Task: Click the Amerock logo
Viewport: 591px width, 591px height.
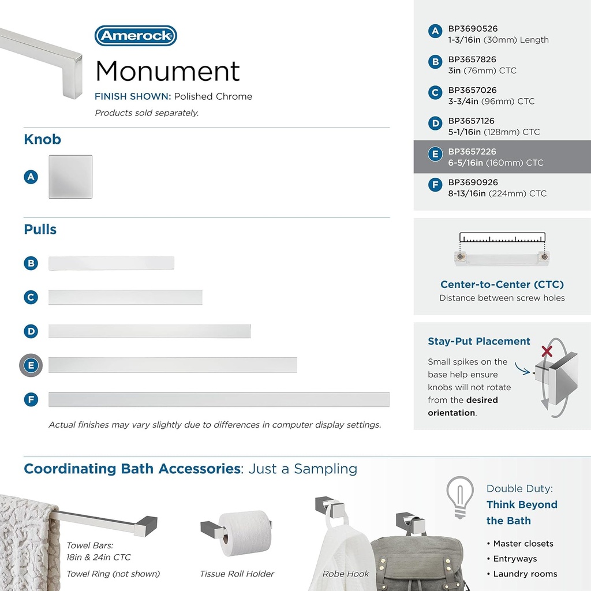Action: pyautogui.click(x=136, y=36)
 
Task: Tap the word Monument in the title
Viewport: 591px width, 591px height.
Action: pyautogui.click(x=167, y=71)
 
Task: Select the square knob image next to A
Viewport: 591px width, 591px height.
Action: pyautogui.click(x=70, y=177)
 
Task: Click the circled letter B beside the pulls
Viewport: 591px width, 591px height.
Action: pyautogui.click(x=31, y=263)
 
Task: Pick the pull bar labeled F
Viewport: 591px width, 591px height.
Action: pyautogui.click(x=219, y=399)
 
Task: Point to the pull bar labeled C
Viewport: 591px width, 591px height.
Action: pyautogui.click(x=125, y=297)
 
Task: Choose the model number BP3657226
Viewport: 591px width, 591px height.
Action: pyautogui.click(x=472, y=152)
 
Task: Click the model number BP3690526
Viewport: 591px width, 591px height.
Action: pyautogui.click(x=473, y=29)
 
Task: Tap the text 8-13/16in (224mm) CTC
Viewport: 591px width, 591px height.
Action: pyautogui.click(x=497, y=193)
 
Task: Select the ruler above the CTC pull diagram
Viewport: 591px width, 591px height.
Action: pyautogui.click(x=502, y=238)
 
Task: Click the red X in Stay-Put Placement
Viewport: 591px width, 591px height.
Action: pyautogui.click(x=546, y=350)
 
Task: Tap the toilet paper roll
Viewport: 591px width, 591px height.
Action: pyautogui.click(x=245, y=532)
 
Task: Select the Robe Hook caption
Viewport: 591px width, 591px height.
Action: pyautogui.click(x=346, y=574)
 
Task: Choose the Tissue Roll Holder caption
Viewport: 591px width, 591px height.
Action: pyautogui.click(x=237, y=574)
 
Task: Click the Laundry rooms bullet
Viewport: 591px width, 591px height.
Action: pyautogui.click(x=525, y=574)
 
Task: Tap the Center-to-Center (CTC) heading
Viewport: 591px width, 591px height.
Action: pyautogui.click(x=502, y=285)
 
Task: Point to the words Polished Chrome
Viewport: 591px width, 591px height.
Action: pyautogui.click(x=213, y=96)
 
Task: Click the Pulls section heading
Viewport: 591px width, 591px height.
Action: pyautogui.click(x=40, y=229)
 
